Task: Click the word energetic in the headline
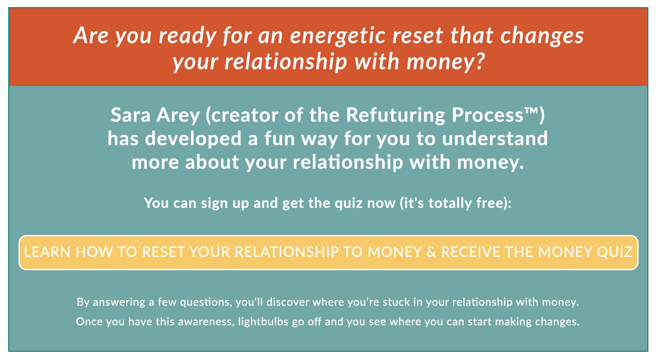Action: (337, 36)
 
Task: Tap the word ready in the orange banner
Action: (187, 36)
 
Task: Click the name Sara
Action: (131, 115)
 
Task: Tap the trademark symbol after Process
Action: (531, 111)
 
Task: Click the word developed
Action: (193, 139)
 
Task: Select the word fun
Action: (280, 138)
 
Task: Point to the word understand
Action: (494, 138)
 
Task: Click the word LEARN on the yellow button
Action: (47, 252)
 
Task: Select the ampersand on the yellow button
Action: (431, 252)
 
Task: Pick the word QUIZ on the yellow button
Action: (615, 252)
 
